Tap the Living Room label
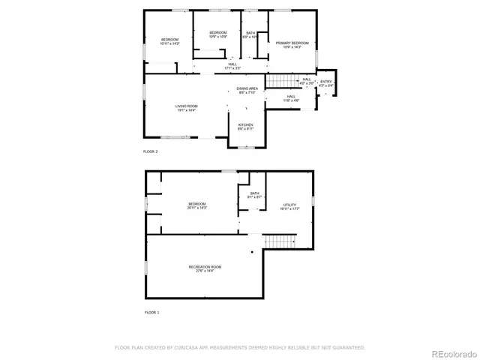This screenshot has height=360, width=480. click(x=186, y=108)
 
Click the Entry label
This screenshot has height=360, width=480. click(x=325, y=82)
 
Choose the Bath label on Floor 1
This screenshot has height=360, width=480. click(x=254, y=195)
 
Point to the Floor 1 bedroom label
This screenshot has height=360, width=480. click(x=197, y=204)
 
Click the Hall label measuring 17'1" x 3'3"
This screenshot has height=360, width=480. click(x=232, y=67)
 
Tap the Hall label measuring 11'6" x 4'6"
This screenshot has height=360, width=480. click(x=291, y=97)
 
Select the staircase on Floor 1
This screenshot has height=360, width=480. click(x=279, y=241)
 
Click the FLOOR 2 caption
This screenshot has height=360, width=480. click(x=151, y=151)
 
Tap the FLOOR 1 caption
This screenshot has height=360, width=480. click(x=151, y=312)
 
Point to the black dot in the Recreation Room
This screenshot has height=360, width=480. click(x=253, y=252)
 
